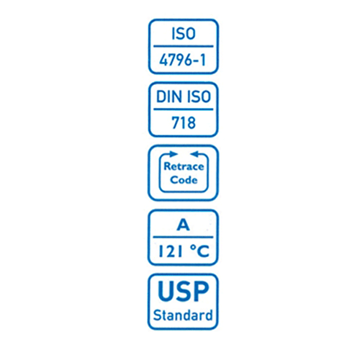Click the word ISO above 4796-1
click(x=184, y=33)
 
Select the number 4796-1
click(x=183, y=60)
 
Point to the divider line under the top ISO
click(x=184, y=46)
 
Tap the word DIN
click(x=168, y=96)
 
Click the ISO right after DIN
click(x=199, y=96)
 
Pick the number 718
click(x=184, y=122)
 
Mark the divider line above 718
click(x=184, y=109)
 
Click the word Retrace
click(x=184, y=166)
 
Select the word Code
click(x=184, y=180)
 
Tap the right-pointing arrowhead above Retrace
click(x=174, y=154)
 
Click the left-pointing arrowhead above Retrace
click(x=194, y=154)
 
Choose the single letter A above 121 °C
click(x=183, y=225)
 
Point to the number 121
click(x=170, y=251)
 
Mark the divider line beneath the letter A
click(x=183, y=237)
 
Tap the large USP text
click(x=184, y=291)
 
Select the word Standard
click(x=183, y=315)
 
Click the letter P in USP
click(x=201, y=291)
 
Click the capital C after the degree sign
click(x=203, y=251)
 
